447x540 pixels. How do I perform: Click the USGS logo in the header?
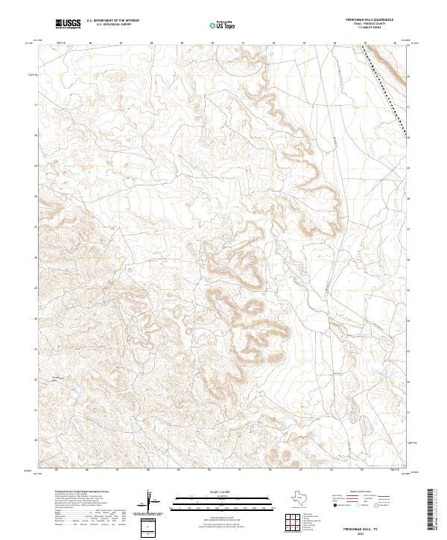(x=68, y=25)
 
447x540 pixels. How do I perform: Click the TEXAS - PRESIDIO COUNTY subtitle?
(x=365, y=25)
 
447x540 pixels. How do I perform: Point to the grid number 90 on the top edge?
(x=213, y=43)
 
